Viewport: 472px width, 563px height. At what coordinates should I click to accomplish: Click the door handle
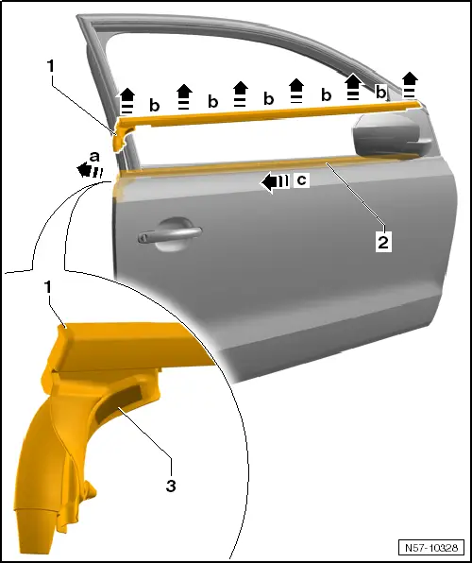pos(169,235)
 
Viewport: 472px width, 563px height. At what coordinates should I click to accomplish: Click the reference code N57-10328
pos(431,548)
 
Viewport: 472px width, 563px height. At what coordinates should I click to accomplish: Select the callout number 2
pos(383,243)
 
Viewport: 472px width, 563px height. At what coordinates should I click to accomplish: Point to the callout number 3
pos(171,486)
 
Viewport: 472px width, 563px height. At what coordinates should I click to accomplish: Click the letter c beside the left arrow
pos(302,179)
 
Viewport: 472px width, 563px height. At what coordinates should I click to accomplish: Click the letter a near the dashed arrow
pos(94,157)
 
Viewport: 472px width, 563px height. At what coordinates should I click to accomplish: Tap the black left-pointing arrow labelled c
pos(275,182)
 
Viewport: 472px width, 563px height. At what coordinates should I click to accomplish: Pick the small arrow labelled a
pos(90,170)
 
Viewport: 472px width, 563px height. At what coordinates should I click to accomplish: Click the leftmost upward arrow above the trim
pos(127,101)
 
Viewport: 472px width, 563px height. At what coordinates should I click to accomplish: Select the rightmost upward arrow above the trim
pos(410,84)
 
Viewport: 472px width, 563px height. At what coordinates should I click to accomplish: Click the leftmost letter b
pos(154,105)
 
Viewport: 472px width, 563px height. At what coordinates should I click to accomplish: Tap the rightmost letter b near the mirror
pos(380,92)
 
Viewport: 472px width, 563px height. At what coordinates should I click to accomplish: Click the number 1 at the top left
pos(51,67)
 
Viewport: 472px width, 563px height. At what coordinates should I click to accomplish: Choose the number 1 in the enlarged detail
pos(47,287)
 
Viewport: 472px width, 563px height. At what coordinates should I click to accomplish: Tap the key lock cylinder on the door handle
pos(143,237)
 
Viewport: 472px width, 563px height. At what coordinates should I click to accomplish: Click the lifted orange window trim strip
pos(267,115)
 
